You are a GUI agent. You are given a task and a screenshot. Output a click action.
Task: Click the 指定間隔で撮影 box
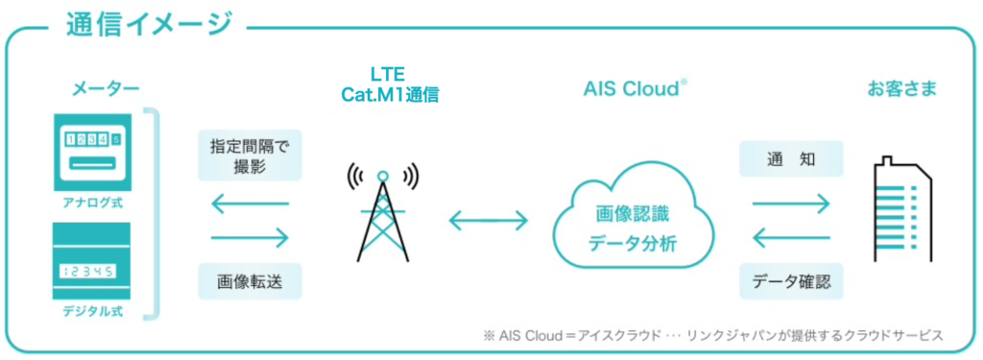click(250, 156)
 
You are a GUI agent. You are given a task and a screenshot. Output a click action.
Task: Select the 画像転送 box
click(250, 282)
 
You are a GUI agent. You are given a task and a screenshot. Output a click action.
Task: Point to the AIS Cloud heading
click(635, 89)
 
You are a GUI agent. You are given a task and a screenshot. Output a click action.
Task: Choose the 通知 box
click(791, 158)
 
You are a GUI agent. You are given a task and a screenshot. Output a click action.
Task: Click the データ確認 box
click(791, 282)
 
